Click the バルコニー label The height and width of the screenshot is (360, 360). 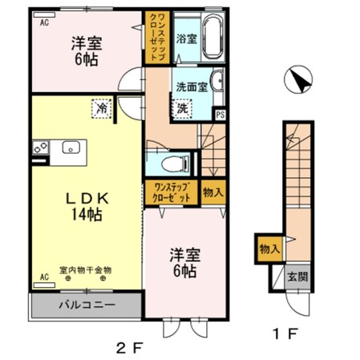[86, 305]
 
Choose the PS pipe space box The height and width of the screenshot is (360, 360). [220, 115]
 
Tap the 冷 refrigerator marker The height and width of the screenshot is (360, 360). [103, 106]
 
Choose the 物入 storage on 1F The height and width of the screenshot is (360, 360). [269, 249]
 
